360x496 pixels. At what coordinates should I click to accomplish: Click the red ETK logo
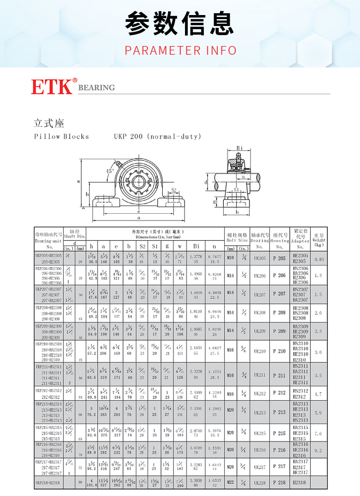51,87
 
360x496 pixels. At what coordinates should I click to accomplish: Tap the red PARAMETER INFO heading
180,50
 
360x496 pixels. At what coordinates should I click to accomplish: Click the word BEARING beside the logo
97,88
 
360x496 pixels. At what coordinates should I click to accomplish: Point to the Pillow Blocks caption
62,136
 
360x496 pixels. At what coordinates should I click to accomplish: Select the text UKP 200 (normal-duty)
157,136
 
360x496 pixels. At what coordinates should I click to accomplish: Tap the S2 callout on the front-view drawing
174,190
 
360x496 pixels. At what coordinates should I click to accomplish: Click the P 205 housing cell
279,258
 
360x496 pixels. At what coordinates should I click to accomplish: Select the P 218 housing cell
279,482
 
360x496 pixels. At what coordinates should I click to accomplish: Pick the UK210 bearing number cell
260,351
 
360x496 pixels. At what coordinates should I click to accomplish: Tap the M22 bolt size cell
230,482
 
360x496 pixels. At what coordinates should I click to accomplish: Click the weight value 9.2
318,450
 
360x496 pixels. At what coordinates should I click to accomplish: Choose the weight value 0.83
318,259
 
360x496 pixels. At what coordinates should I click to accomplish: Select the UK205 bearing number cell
260,258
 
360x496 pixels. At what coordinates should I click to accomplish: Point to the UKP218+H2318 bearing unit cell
48,482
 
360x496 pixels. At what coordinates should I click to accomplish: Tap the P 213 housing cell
279,413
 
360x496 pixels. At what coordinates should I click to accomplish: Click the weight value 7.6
318,434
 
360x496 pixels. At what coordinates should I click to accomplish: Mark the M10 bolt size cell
230,258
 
